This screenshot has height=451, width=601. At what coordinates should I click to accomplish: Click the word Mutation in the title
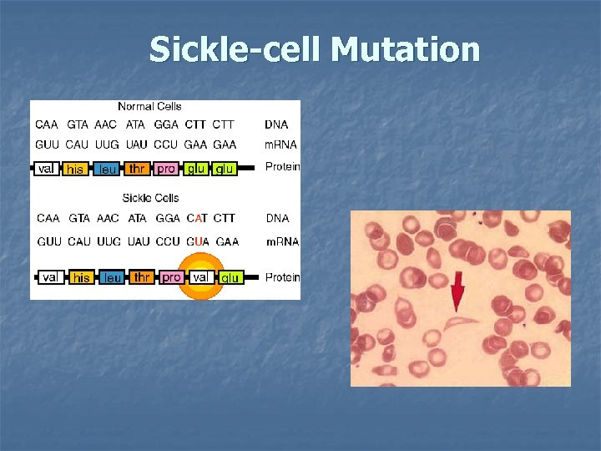(406, 49)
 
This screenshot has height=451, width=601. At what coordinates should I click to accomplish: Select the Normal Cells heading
(149, 106)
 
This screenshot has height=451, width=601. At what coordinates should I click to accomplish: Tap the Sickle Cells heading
(150, 198)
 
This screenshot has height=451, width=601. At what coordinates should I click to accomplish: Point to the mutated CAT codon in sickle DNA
(197, 218)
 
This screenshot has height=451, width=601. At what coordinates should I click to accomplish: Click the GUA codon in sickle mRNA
(198, 241)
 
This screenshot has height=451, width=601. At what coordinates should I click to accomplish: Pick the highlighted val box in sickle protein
(200, 276)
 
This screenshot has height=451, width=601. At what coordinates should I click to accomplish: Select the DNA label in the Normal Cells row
(276, 124)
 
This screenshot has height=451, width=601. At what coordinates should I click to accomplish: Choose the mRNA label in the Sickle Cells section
(282, 241)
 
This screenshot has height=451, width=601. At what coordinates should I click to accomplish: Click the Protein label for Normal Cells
(282, 167)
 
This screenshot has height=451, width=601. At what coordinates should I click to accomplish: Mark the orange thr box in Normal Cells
(137, 169)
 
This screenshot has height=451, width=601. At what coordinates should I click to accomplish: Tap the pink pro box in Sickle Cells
(172, 276)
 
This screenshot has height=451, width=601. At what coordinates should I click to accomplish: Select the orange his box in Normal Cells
(75, 169)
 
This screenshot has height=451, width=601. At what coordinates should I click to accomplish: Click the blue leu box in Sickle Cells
(112, 277)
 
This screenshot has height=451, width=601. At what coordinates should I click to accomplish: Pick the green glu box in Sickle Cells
(231, 277)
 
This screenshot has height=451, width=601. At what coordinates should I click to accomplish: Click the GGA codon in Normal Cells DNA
(166, 124)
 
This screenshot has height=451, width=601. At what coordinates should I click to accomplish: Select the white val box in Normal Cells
(46, 169)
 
